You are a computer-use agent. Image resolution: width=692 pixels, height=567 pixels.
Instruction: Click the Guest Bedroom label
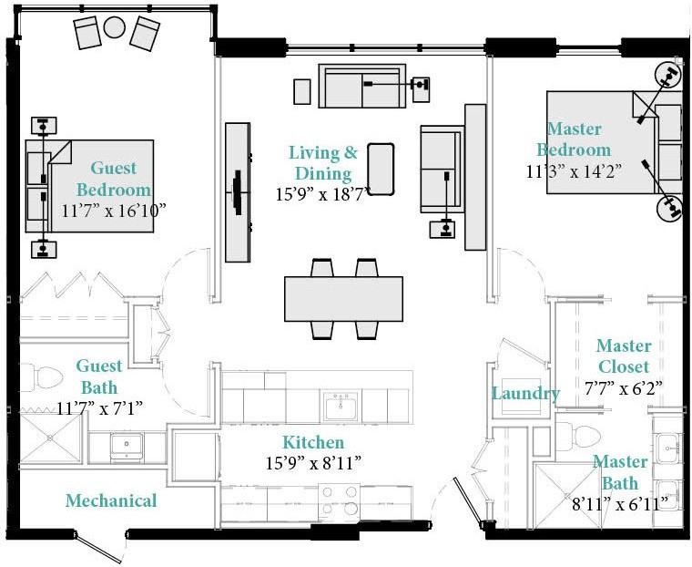pos(114,179)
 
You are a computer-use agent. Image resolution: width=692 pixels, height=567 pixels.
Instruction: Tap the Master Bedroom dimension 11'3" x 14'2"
pos(574,171)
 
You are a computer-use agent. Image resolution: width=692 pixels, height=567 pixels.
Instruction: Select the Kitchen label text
pos(313,442)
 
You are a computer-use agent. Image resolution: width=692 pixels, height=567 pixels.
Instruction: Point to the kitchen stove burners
pos(339,500)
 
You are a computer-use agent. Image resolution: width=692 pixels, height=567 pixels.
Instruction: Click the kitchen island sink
pos(341,406)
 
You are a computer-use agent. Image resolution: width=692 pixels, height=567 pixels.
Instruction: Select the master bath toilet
pos(578,436)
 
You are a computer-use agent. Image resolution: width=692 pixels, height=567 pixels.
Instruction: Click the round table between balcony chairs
pos(115,27)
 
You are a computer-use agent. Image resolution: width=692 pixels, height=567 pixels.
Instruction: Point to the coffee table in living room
pos(381,169)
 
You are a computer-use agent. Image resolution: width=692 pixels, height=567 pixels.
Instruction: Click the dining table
pos(343,299)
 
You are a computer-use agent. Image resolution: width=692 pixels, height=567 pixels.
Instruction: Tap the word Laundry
pos(525,393)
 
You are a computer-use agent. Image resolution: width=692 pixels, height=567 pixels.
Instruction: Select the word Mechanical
pos(111,500)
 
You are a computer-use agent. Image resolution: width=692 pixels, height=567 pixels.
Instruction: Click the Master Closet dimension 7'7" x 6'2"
pos(624,388)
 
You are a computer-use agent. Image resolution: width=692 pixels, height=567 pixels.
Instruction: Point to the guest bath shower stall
pos(51,438)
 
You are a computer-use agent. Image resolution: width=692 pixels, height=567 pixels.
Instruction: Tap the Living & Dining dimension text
pos(323,194)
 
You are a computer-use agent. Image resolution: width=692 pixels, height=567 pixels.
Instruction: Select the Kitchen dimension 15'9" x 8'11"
pos(313,463)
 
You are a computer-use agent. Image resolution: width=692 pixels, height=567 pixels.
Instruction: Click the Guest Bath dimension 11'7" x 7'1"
pos(100,408)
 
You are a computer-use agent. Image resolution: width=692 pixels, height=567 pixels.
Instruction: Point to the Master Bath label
pos(620,472)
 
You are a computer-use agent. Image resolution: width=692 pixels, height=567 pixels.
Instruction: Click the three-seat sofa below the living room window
pos(361,86)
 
